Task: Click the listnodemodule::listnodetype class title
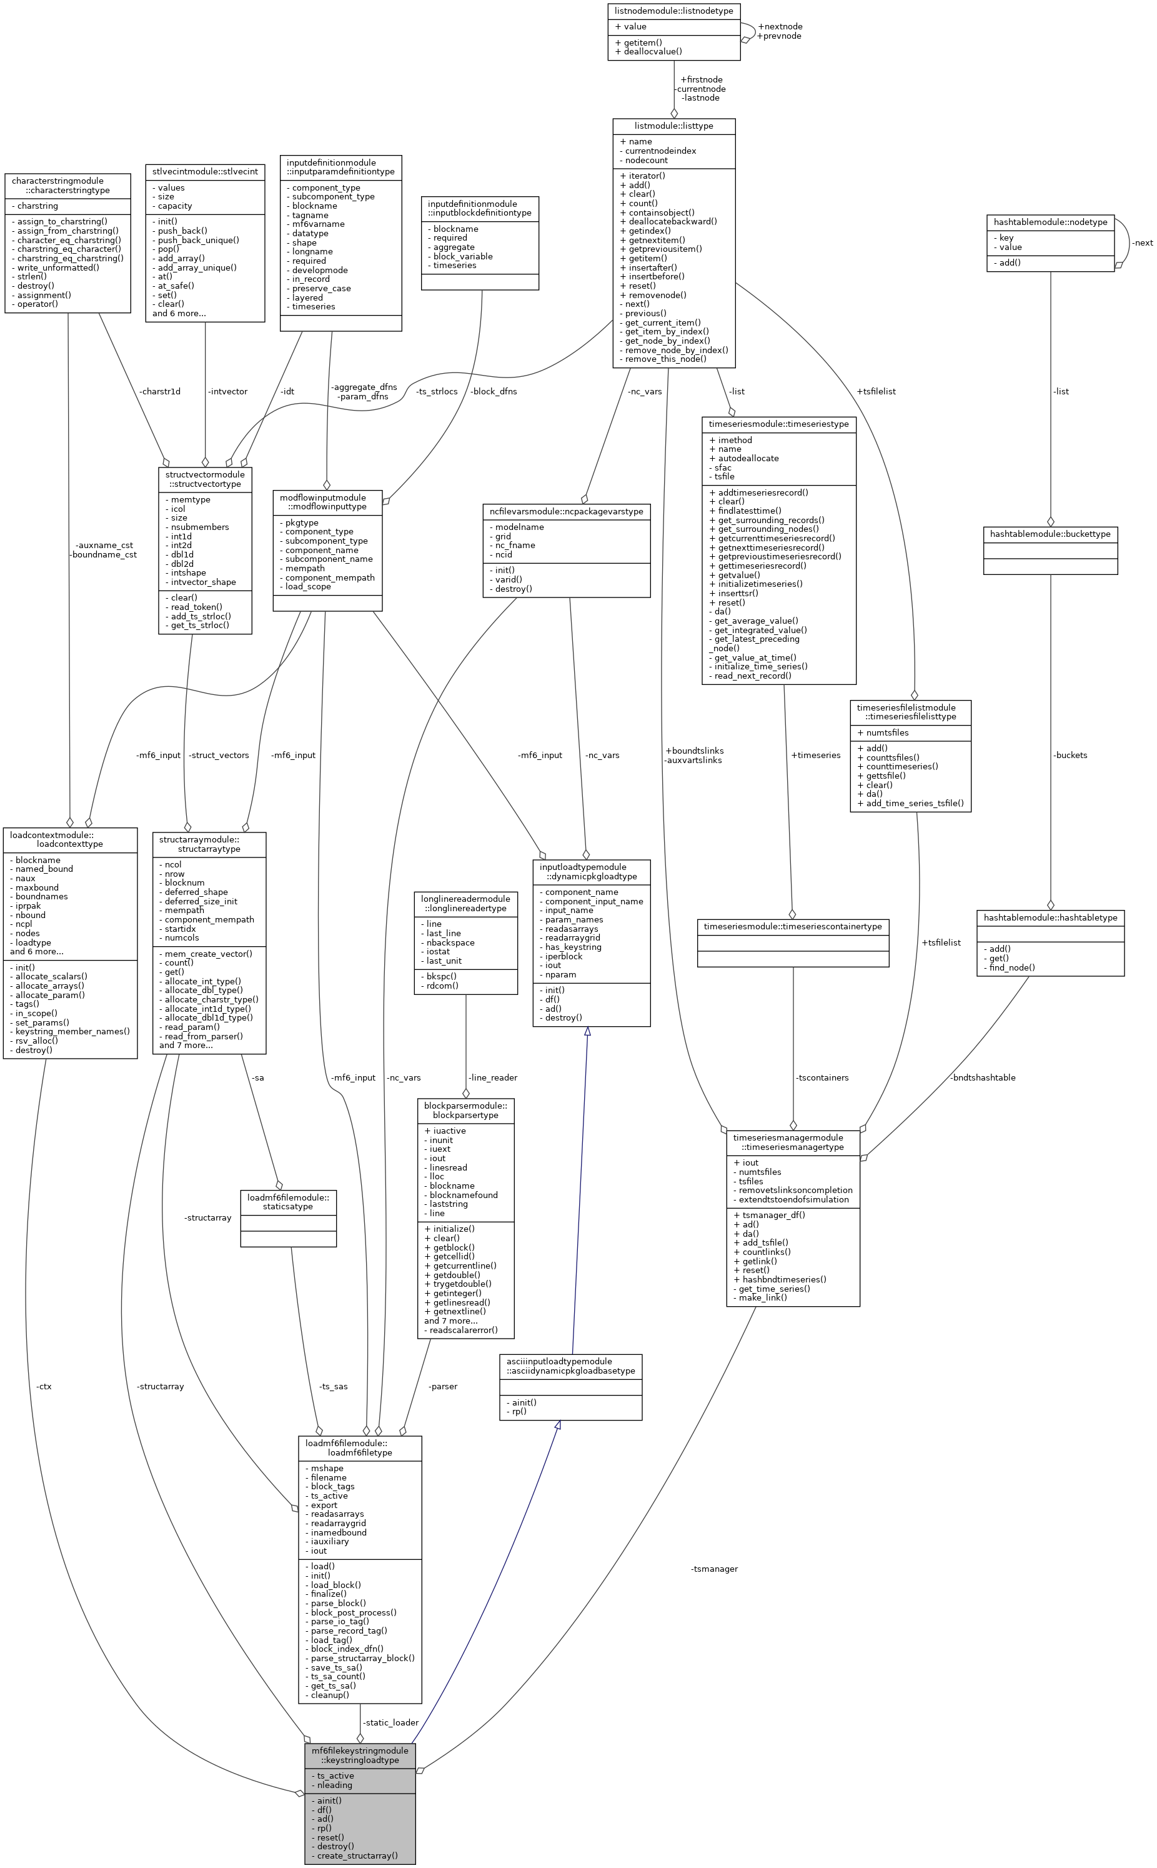tap(673, 11)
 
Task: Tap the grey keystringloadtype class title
tap(360, 1755)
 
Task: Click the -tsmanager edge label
tap(714, 1569)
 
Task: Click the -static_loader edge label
tap(390, 1722)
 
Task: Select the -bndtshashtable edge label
tap(983, 1077)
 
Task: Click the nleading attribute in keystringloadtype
tap(334, 1785)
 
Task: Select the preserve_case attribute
tap(321, 289)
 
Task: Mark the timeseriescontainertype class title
tap(793, 927)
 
